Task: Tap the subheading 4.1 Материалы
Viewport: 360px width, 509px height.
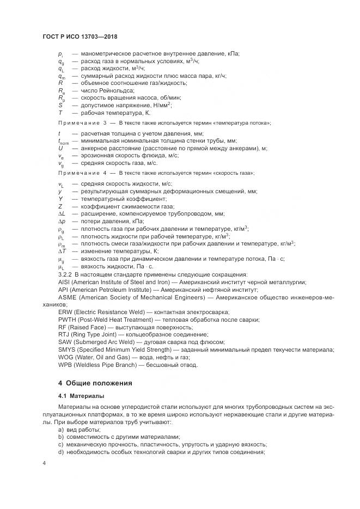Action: point(81,396)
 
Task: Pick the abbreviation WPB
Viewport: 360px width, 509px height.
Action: point(65,365)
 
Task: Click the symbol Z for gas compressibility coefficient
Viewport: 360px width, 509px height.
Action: point(60,206)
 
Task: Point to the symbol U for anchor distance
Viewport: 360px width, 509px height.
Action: point(60,148)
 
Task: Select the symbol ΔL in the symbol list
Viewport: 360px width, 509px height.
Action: point(62,214)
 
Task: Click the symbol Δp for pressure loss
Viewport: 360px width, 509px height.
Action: point(62,222)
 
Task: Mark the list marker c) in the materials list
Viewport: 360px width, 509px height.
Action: point(61,444)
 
